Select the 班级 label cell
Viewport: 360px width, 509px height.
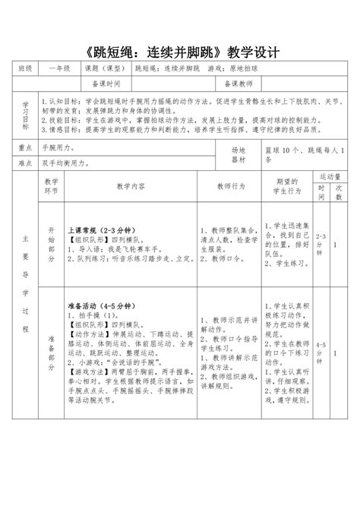[26, 68]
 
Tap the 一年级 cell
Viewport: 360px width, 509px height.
[60, 68]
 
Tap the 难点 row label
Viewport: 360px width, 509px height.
[26, 162]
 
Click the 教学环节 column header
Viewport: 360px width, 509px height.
[52, 187]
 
